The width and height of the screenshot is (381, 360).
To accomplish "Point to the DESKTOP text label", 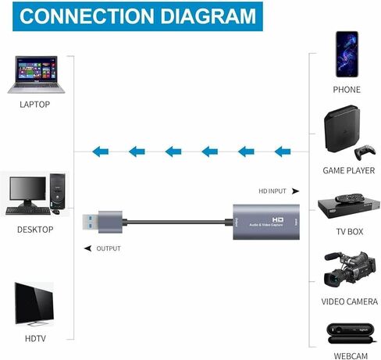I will click(35, 230).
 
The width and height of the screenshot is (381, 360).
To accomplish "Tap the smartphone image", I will click(347, 54).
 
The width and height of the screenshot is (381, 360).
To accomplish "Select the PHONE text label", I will click(347, 90).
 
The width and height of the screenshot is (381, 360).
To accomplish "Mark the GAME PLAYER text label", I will click(347, 169).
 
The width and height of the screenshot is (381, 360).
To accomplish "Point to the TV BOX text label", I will click(347, 231).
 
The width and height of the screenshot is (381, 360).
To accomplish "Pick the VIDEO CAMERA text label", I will click(347, 301).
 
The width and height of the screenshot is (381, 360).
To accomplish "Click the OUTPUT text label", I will click(109, 248).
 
